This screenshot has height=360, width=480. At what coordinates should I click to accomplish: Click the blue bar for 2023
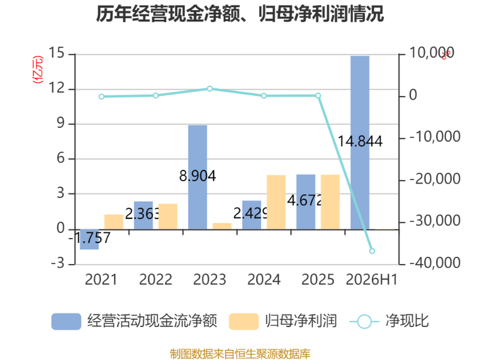[197, 177]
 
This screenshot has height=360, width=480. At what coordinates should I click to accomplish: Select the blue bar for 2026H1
[360, 143]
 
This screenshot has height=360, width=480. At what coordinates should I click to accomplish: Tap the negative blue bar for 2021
[89, 239]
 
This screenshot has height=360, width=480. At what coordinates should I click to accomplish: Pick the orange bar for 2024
[276, 202]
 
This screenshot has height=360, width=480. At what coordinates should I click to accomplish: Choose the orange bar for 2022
[168, 217]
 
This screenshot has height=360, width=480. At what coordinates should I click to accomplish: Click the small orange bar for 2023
[222, 226]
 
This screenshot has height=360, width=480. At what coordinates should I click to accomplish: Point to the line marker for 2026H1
[372, 251]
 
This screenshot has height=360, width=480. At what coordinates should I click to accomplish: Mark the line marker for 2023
[209, 89]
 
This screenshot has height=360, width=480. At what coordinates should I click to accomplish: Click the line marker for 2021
[101, 97]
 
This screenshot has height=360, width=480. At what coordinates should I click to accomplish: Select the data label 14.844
[360, 142]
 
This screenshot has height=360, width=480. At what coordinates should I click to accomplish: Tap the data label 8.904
[197, 176]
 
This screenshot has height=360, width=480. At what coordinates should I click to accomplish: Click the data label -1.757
[89, 238]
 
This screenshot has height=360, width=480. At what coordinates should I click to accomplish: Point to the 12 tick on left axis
[58, 88]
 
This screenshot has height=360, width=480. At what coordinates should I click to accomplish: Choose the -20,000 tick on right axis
[435, 179]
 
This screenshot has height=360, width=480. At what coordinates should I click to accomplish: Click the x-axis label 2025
[318, 280]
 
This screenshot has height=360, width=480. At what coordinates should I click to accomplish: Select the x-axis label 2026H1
[371, 280]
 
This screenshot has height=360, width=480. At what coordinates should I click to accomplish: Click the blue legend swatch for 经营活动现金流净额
[66, 322]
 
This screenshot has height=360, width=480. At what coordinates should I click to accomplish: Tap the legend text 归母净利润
[301, 321]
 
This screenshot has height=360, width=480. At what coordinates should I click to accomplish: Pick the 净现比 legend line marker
[364, 322]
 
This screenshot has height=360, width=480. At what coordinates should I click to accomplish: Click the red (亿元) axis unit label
[38, 70]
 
